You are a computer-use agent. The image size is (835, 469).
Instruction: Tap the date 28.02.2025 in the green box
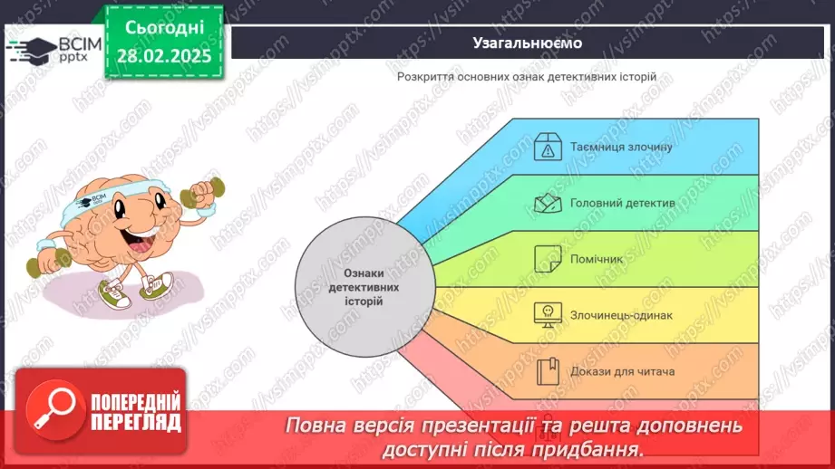pos(165,56)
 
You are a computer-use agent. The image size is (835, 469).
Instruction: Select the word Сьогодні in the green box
pos(165,27)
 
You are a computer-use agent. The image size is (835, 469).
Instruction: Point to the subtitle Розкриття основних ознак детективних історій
pos(526,77)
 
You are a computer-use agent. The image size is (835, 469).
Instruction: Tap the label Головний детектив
pos(622,203)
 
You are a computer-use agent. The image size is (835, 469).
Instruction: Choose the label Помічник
pos(597,259)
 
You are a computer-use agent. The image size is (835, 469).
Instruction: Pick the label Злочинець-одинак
pos(621,315)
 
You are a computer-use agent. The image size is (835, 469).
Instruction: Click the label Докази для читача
pos(622,370)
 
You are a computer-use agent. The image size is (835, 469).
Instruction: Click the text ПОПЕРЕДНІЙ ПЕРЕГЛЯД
pos(136,410)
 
